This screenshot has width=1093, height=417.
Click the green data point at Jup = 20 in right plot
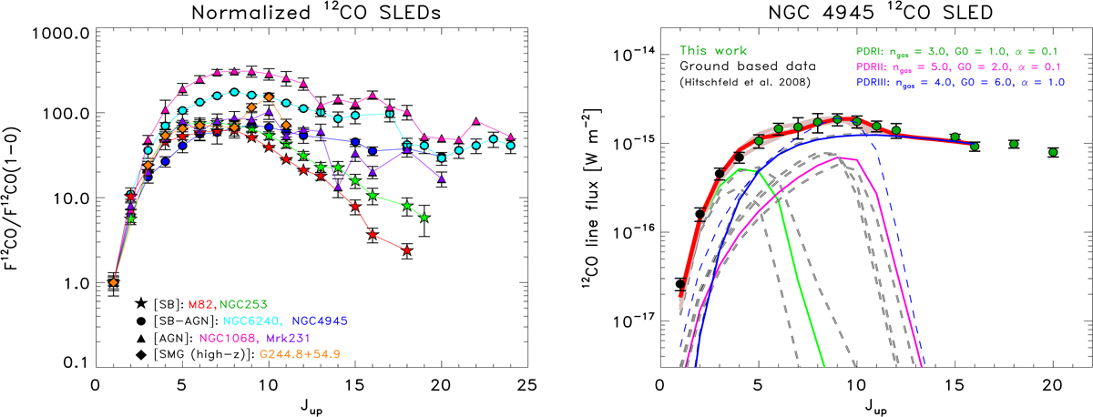coord(1053,152)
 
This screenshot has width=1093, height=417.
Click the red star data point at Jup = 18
coord(407,250)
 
